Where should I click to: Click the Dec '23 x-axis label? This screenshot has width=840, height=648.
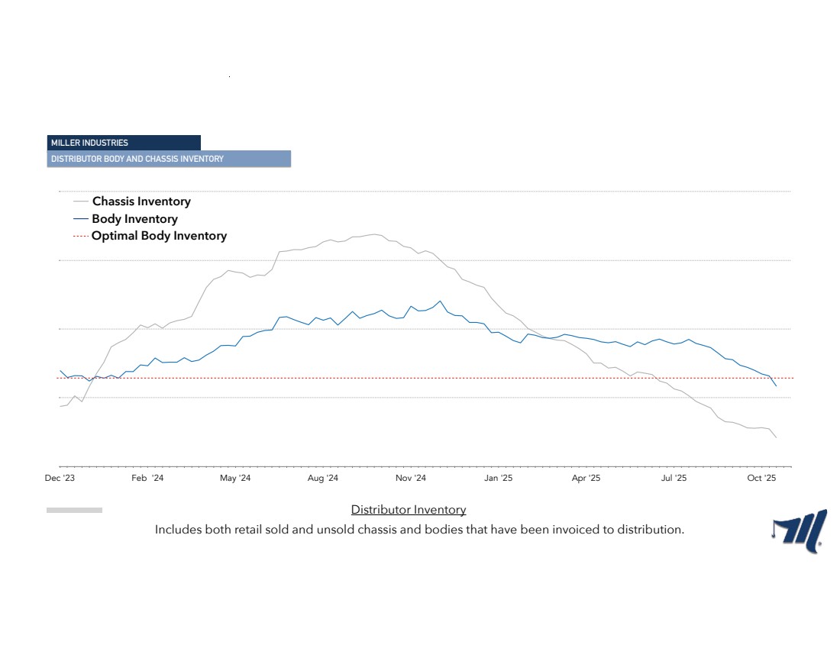pyautogui.click(x=60, y=478)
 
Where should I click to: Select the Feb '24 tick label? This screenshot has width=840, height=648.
pyautogui.click(x=147, y=478)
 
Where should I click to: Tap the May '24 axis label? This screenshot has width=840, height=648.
pyautogui.click(x=235, y=478)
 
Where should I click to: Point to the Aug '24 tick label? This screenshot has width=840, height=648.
pyautogui.click(x=322, y=478)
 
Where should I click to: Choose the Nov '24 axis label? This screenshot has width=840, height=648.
pyautogui.click(x=410, y=478)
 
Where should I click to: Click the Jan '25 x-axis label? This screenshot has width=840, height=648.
pyautogui.click(x=498, y=478)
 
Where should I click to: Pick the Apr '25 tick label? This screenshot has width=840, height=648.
pyautogui.click(x=586, y=478)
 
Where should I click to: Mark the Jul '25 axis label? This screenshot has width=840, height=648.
pyautogui.click(x=674, y=478)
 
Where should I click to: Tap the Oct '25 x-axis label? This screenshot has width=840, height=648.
pyautogui.click(x=761, y=478)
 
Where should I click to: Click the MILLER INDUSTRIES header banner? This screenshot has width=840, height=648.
pyautogui.click(x=124, y=143)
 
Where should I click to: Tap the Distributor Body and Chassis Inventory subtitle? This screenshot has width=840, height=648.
pyautogui.click(x=169, y=159)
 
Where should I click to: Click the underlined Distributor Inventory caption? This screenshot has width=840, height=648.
pyautogui.click(x=409, y=510)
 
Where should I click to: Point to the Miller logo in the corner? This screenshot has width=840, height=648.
pyautogui.click(x=799, y=531)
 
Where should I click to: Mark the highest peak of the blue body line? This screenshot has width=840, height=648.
pyautogui.click(x=441, y=301)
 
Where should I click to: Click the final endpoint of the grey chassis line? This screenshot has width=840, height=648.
pyautogui.click(x=777, y=437)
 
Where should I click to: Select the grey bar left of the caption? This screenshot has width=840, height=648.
pyautogui.click(x=75, y=511)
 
